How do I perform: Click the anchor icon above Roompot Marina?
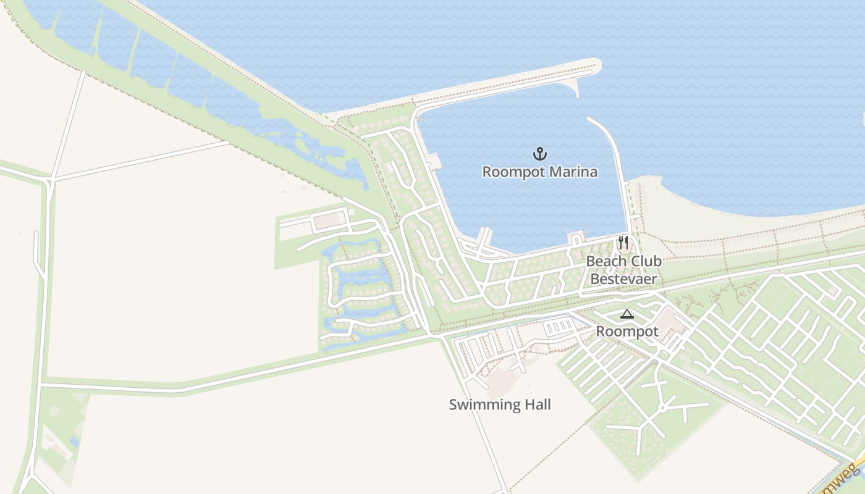click(x=540, y=153)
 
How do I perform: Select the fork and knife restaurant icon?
click(x=623, y=242)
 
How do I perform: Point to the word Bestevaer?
click(x=623, y=279)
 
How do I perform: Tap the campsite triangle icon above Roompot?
click(x=627, y=314)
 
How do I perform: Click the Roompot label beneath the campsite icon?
click(x=627, y=332)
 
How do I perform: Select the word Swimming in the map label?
click(x=479, y=405)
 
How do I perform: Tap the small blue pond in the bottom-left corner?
click(x=74, y=442)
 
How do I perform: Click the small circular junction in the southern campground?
click(x=662, y=408)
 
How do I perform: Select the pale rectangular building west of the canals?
click(x=329, y=219)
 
